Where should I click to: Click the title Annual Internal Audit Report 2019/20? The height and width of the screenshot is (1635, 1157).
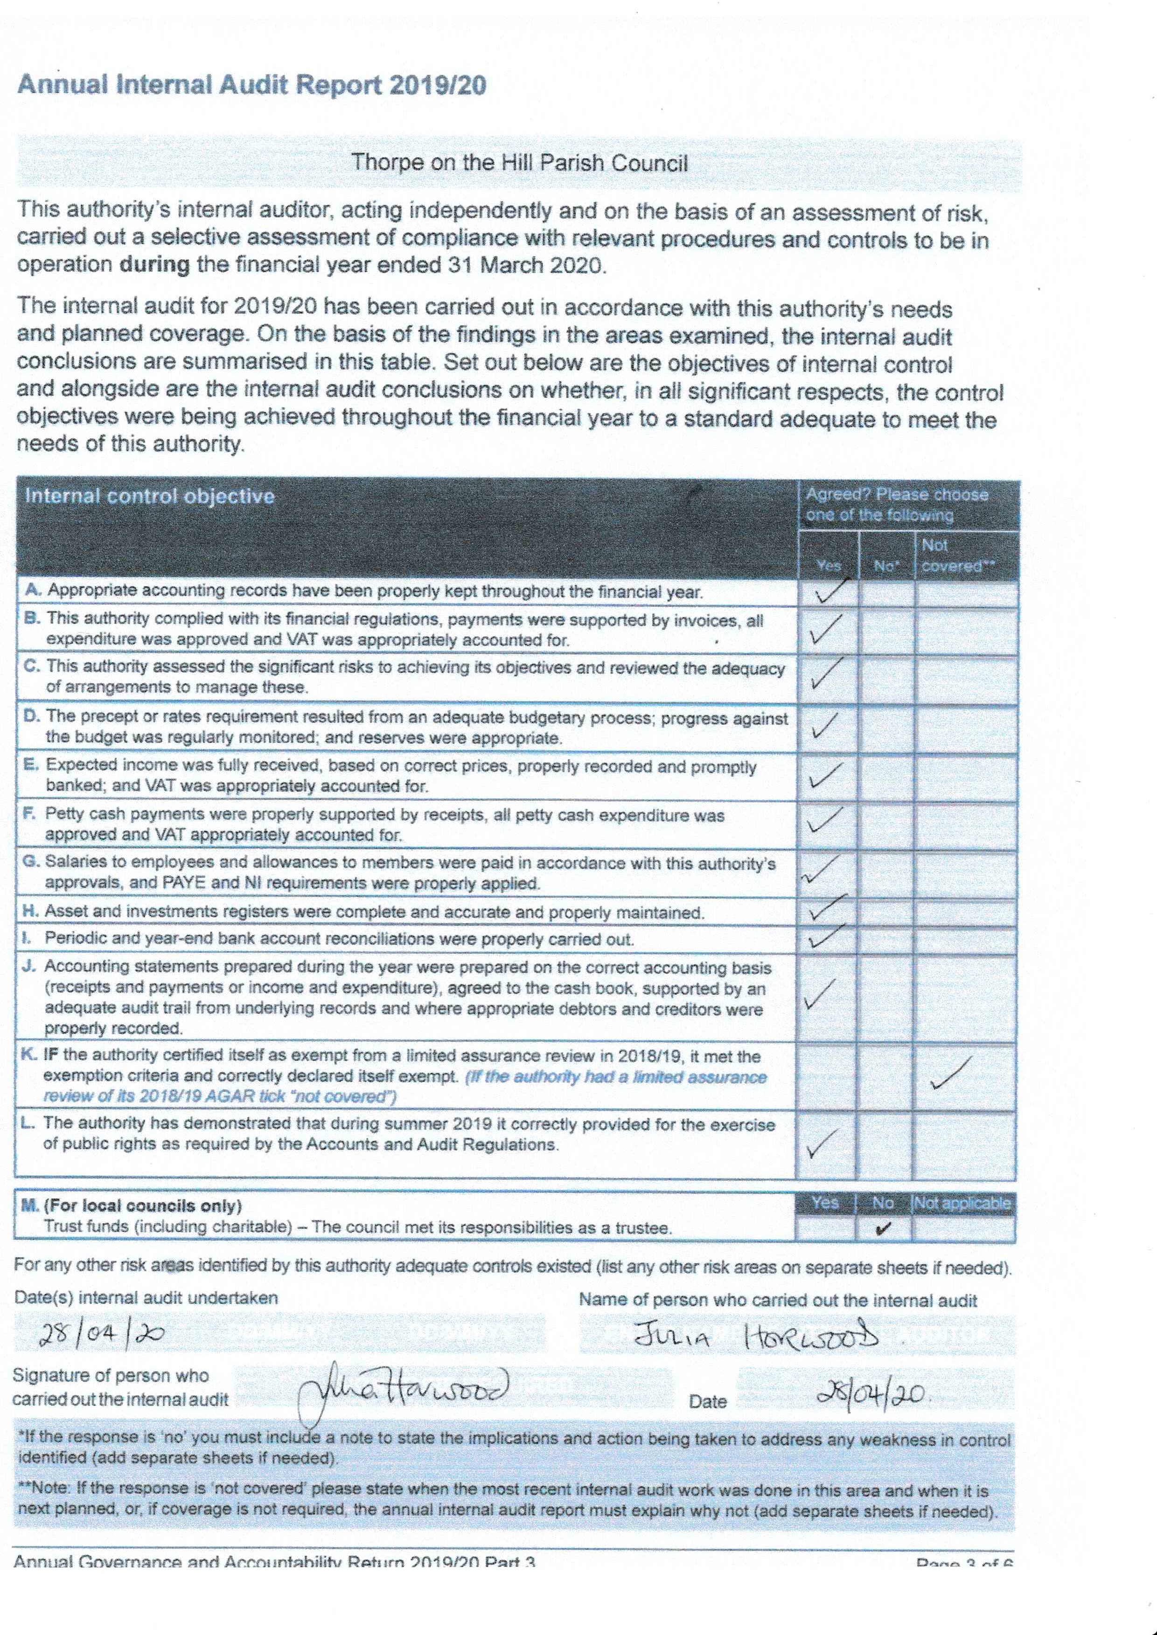251,85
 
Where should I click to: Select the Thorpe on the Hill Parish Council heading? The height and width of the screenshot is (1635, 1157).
519,163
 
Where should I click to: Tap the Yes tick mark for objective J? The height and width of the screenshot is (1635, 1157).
821,995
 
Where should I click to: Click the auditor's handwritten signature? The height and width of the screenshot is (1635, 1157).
403,1387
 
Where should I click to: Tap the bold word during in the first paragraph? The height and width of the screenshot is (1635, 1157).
154,265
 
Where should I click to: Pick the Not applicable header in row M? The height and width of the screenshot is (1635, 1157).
962,1203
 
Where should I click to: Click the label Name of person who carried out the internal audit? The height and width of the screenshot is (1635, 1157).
778,1300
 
